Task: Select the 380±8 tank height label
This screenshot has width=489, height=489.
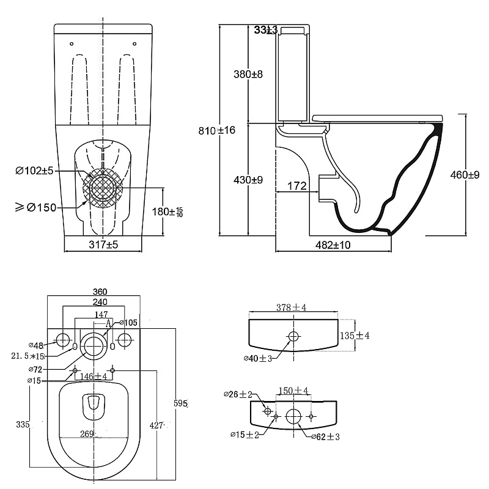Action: tap(248, 75)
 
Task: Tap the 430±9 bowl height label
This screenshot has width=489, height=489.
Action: tap(248, 180)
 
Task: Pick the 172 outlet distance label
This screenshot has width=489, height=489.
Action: tap(296, 186)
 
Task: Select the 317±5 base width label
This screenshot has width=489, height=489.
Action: tap(103, 244)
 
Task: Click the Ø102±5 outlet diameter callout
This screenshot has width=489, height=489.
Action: tap(35, 171)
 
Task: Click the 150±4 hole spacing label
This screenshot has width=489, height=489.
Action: tap(293, 391)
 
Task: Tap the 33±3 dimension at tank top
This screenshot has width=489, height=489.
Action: tap(266, 29)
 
